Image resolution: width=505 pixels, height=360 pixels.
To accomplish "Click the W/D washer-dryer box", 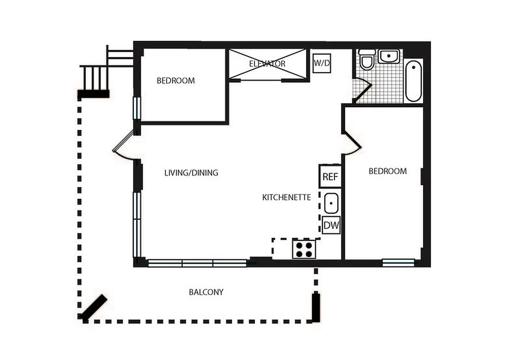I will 321,63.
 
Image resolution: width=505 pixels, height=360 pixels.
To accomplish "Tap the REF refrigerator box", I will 330,176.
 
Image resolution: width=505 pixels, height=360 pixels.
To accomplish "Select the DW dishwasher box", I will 331,225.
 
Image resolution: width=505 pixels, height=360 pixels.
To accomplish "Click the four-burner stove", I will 303,249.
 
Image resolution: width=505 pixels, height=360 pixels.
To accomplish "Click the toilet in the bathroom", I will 367,60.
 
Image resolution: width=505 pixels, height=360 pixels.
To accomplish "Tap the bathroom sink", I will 389,56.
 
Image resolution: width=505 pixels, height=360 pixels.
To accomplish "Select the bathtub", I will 413,81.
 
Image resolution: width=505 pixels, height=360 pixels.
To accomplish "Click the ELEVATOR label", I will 267,64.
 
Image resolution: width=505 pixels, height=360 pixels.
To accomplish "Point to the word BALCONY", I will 206,292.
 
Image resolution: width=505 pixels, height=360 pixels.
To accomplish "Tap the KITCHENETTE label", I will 287,197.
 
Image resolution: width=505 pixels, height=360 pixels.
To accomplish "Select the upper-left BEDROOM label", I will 176,81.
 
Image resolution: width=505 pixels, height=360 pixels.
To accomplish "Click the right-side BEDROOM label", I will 388,171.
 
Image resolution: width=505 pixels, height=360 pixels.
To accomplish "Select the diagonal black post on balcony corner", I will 94,307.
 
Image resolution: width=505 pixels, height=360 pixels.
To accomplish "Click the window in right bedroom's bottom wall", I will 398,262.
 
